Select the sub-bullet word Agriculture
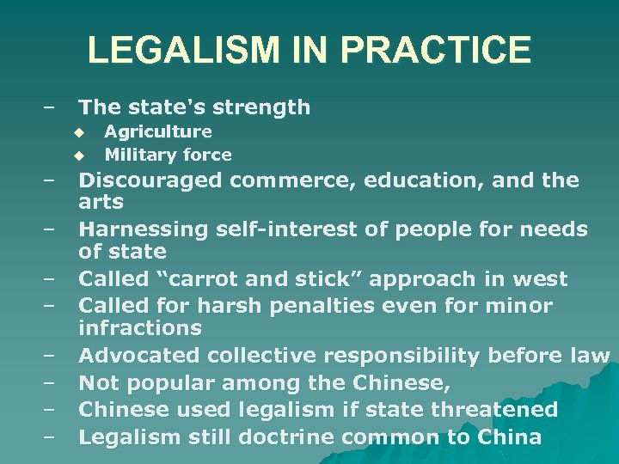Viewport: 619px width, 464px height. point(158,131)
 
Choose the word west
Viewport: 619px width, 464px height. point(542,279)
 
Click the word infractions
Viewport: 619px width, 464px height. point(140,327)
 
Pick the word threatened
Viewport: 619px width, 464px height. point(492,409)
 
